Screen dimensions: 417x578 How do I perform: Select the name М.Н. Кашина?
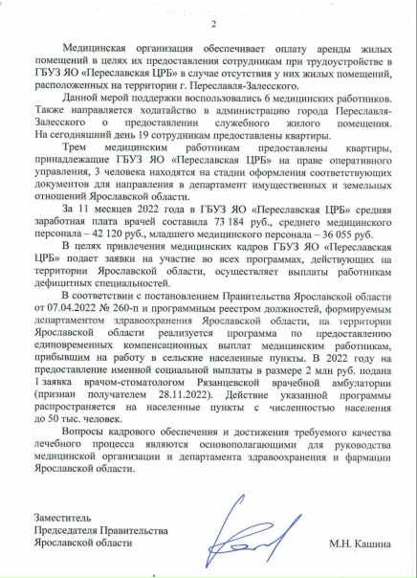click(359, 544)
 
